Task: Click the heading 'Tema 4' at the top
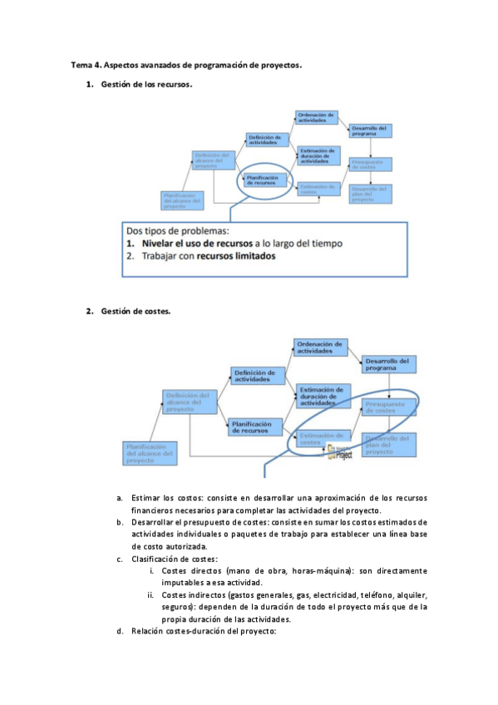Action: tap(86, 64)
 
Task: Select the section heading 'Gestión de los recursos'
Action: tap(146, 85)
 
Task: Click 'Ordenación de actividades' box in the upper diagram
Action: tap(316, 117)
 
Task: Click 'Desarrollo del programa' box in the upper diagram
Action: tap(370, 130)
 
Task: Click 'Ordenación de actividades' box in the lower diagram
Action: tap(320, 348)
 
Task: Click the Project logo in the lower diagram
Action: tap(342, 451)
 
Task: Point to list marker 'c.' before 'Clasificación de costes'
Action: tap(121, 560)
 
